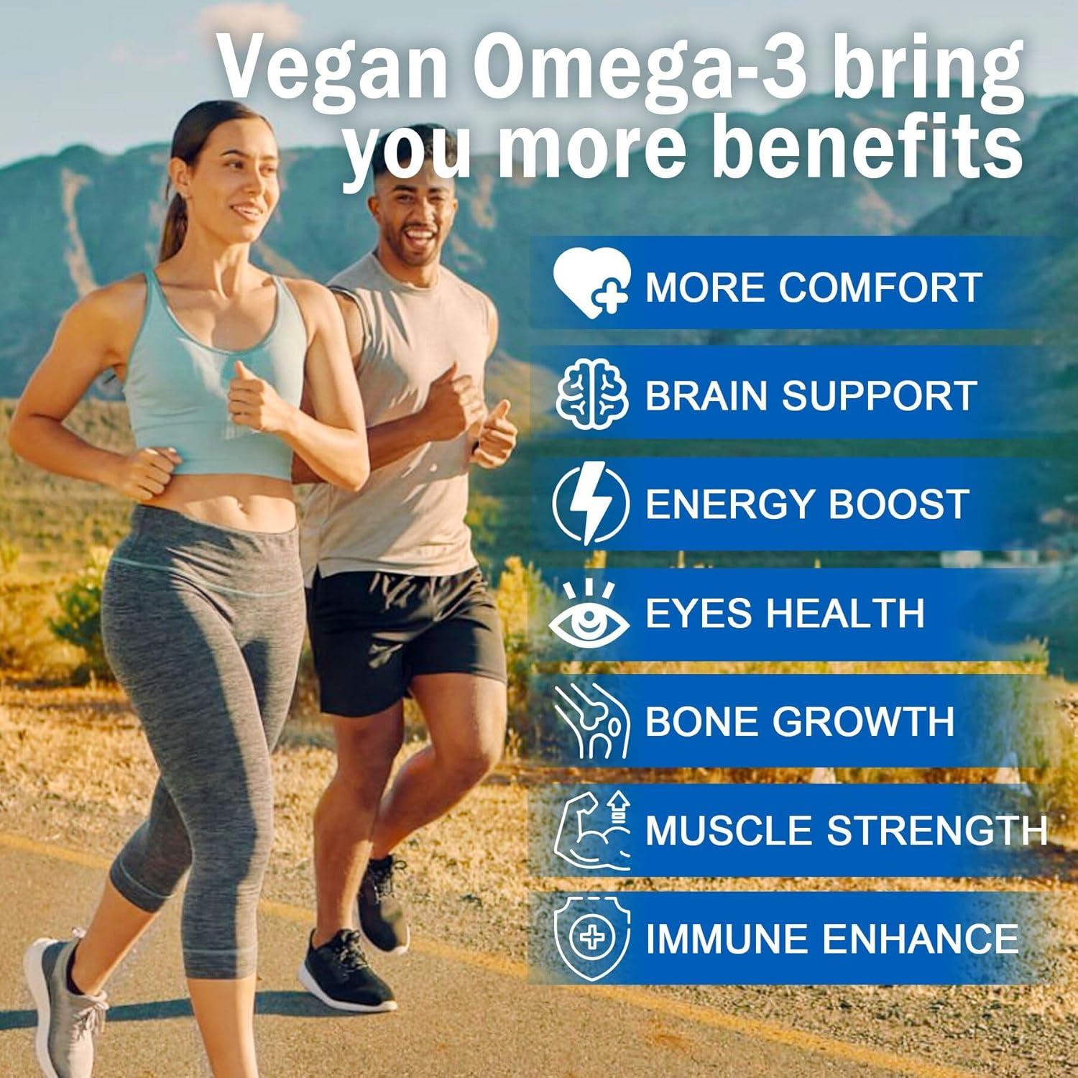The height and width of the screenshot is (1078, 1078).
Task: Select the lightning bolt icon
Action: point(591,503)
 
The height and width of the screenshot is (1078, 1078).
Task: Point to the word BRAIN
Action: point(707,395)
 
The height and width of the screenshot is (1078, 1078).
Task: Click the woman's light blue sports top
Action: point(216,381)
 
